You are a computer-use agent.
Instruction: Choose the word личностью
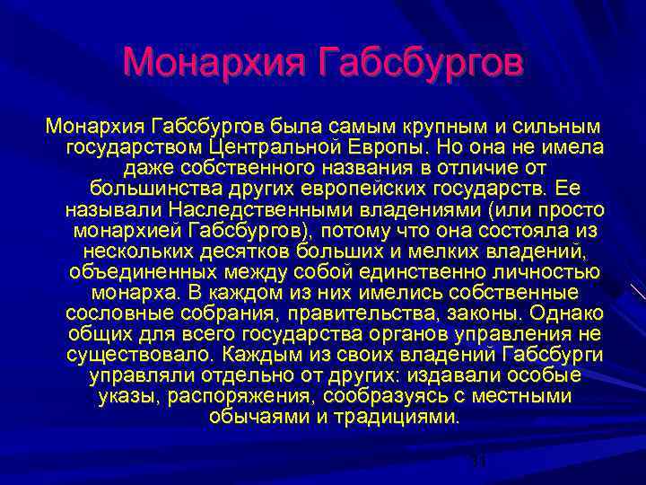548,272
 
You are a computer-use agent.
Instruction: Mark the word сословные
110,314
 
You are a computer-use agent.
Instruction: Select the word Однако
567,314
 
